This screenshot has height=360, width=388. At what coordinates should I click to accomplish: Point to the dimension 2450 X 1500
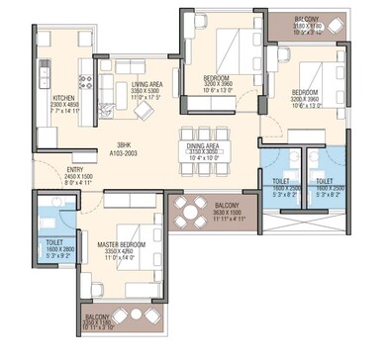pyautogui.click(x=49, y=177)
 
